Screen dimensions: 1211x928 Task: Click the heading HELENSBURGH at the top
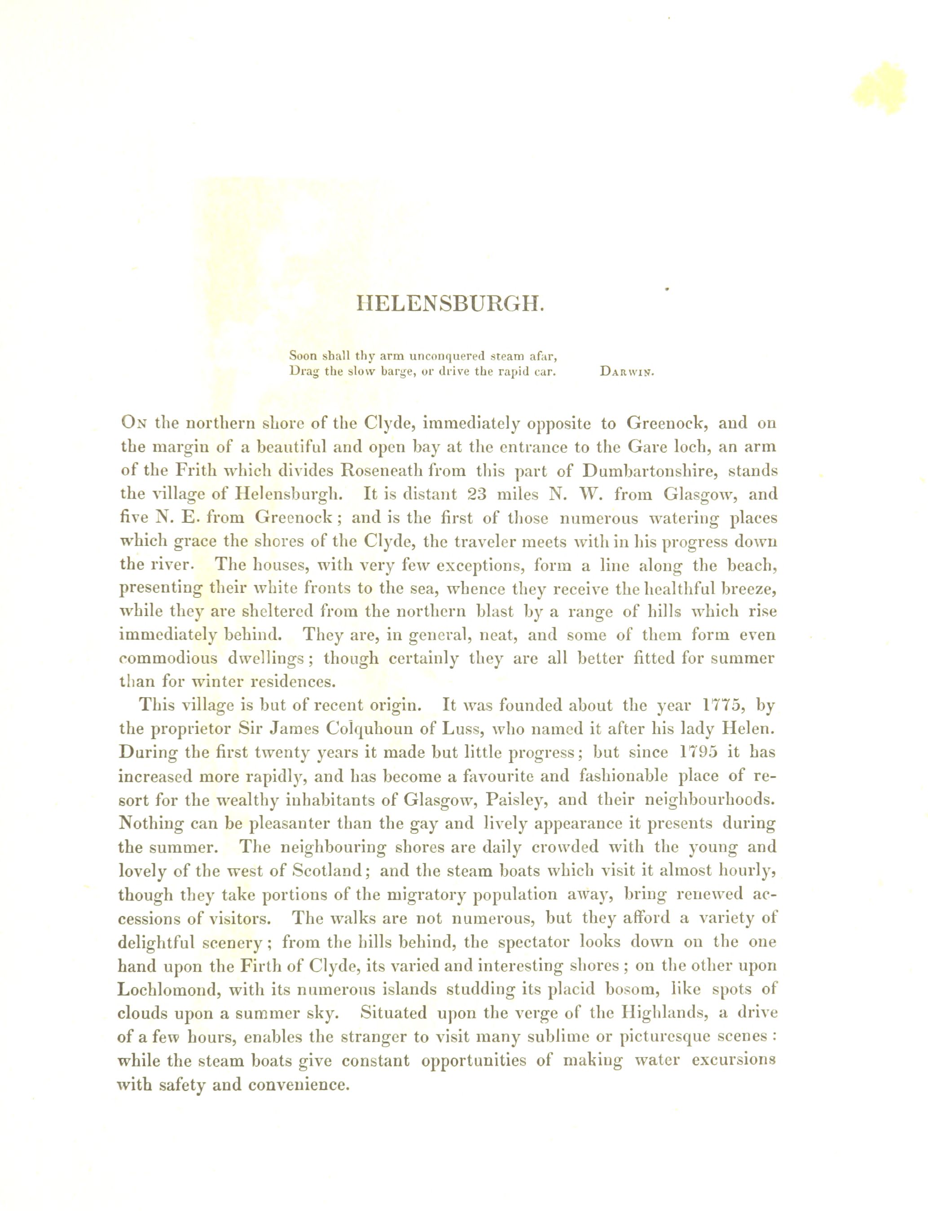(x=451, y=304)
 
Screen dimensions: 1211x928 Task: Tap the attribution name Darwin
(x=626, y=372)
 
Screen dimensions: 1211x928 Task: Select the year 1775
(x=721, y=705)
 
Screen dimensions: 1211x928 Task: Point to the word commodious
(x=168, y=659)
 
